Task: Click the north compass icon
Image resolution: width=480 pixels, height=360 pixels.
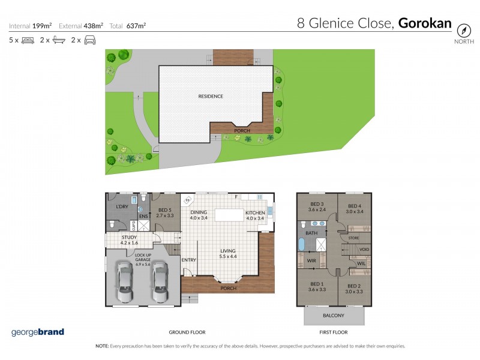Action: tap(463, 29)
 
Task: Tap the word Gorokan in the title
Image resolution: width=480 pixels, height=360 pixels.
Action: tap(424, 23)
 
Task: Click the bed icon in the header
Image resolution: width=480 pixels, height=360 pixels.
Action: tap(28, 40)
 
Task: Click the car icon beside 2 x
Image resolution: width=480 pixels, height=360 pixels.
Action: tap(90, 40)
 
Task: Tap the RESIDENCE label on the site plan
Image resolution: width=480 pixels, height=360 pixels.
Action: tap(211, 96)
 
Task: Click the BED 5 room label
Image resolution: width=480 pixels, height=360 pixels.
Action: tap(164, 211)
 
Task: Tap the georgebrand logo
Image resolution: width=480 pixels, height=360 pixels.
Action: tap(37, 332)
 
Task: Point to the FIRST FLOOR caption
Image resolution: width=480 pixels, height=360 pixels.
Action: tap(333, 332)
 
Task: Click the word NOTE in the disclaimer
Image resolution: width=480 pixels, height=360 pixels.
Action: tap(101, 346)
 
